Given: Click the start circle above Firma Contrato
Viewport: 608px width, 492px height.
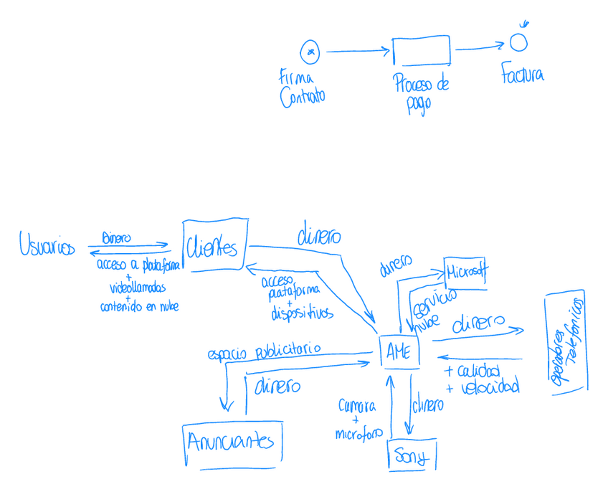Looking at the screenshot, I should (x=309, y=52).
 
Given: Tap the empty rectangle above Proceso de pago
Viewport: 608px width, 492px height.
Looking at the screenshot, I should (x=421, y=51).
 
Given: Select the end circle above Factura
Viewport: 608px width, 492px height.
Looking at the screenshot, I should (x=518, y=43).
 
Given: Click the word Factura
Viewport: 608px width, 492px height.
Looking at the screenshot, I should (x=522, y=74).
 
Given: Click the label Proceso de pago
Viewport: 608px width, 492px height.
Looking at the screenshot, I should (x=420, y=93).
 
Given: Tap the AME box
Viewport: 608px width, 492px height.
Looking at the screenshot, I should (x=399, y=351).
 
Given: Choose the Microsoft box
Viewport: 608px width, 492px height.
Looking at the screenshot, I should (x=465, y=273).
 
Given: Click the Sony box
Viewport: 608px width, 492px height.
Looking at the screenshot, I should (x=411, y=456).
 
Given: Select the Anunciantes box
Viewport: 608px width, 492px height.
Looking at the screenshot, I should (x=231, y=440).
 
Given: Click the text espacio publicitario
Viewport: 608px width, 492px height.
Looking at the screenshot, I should (x=263, y=351).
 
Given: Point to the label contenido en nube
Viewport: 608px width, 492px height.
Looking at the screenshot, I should (x=139, y=306).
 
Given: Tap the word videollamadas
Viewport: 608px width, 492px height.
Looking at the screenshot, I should (x=137, y=288).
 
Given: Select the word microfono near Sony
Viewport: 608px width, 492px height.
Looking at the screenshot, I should (x=358, y=434).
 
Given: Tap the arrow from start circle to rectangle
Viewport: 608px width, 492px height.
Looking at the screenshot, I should (x=356, y=51).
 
